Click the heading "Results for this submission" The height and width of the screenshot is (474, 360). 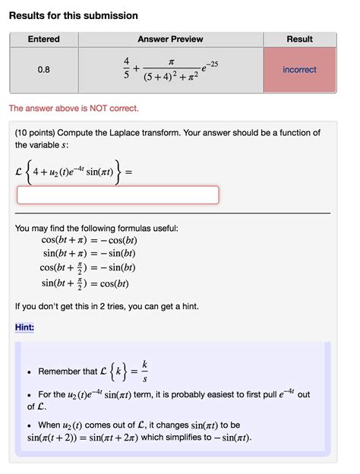point(74,16)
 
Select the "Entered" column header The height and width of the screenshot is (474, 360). point(43,39)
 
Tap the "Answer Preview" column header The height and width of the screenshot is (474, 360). point(170,39)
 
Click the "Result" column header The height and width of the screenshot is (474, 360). point(299,39)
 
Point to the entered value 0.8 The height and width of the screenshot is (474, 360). point(43,70)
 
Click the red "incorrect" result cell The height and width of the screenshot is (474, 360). point(299,70)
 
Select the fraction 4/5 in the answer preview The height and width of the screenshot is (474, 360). point(126,70)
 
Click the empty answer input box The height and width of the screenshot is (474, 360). point(118,195)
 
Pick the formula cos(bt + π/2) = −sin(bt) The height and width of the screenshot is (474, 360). point(87,267)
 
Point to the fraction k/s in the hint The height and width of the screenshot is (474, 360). point(145,371)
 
